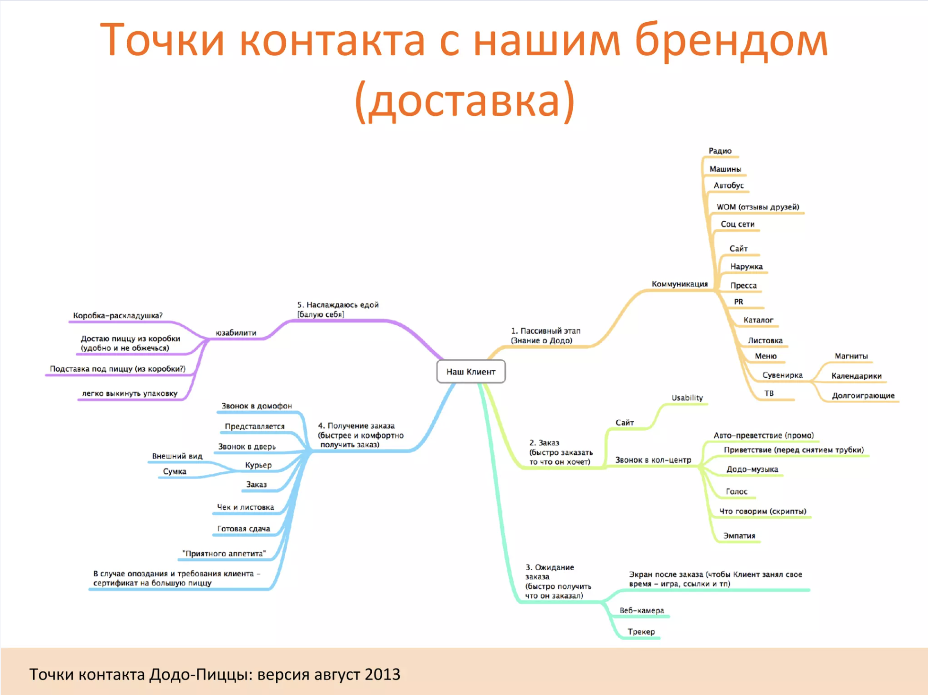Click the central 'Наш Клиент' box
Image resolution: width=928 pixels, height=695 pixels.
(x=471, y=372)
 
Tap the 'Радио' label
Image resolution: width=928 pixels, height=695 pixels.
(x=720, y=151)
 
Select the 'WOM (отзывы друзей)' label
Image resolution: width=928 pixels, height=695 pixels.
(x=758, y=207)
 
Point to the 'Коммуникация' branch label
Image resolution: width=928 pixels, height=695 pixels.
(x=680, y=284)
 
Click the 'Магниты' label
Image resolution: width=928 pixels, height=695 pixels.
(x=851, y=356)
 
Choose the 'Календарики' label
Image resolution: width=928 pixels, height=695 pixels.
(x=856, y=376)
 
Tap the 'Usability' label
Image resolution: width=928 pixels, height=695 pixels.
(x=687, y=398)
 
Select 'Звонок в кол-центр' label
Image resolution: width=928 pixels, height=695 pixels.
(x=653, y=460)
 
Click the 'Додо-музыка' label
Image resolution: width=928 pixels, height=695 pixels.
(x=752, y=469)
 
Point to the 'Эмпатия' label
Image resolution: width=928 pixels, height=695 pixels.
(x=739, y=536)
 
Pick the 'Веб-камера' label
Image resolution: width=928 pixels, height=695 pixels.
(x=641, y=610)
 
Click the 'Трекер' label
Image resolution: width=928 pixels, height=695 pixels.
(x=641, y=632)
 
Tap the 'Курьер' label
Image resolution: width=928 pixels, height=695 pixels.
(x=258, y=465)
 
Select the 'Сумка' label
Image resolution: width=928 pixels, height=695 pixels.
(x=175, y=471)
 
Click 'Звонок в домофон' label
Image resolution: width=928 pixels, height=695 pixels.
(x=257, y=406)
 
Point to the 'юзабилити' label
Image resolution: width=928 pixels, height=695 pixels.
(x=236, y=333)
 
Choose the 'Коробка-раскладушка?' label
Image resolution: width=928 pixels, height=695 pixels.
(x=118, y=315)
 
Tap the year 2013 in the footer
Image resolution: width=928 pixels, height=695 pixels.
(x=382, y=674)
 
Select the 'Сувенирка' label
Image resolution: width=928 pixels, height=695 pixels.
(x=782, y=375)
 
